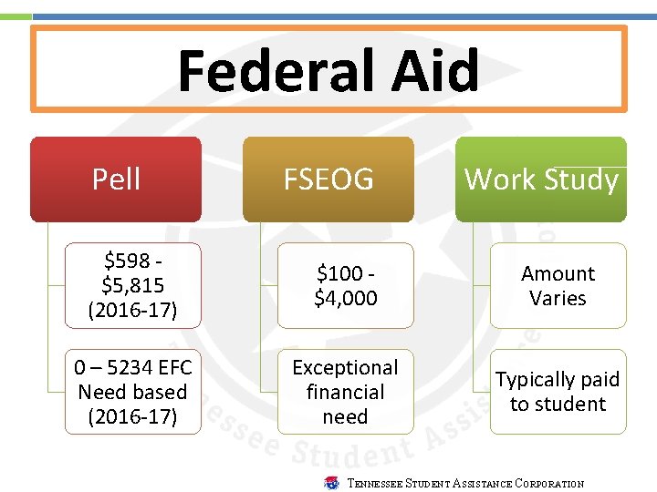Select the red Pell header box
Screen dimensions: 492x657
click(116, 179)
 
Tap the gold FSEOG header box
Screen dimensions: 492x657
click(328, 179)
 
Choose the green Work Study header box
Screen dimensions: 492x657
click(541, 179)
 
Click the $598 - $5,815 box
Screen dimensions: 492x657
click(132, 285)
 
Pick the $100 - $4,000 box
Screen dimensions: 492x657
click(345, 285)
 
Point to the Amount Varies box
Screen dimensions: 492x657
click(558, 285)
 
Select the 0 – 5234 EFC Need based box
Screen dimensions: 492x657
click(132, 392)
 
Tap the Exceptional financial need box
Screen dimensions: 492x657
click(345, 392)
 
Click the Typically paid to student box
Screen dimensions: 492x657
click(558, 392)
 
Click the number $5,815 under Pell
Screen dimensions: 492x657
click(132, 286)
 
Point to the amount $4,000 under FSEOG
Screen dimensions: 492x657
click(345, 298)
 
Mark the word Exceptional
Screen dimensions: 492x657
click(345, 367)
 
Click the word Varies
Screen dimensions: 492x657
click(558, 298)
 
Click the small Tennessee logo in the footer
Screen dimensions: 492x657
click(331, 483)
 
